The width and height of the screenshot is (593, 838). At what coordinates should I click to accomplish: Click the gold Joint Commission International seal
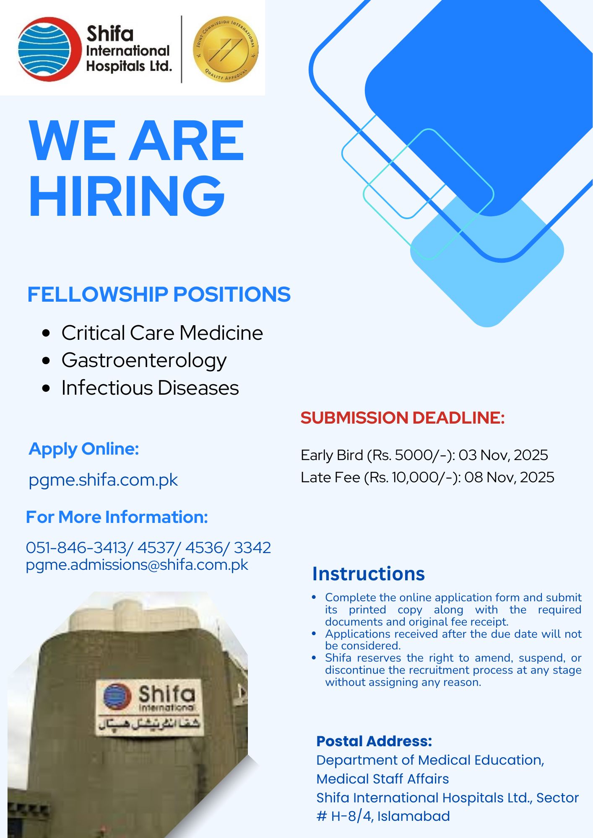pos(226,49)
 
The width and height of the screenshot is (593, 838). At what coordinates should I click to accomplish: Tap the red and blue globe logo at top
pos(49,49)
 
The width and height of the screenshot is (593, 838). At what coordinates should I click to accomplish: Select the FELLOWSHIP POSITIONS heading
pos(159,294)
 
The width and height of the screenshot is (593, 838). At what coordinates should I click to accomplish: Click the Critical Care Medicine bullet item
pos(162,333)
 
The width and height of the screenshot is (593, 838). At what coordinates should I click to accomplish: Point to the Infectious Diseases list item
pos(150,388)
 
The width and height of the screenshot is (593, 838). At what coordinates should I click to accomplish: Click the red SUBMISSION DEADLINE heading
pos(403,418)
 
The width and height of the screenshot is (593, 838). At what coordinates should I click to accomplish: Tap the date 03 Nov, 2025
pos(503,455)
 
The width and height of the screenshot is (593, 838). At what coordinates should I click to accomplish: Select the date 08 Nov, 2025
pos(509,477)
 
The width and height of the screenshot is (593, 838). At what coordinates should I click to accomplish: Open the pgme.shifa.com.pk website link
pos(103,480)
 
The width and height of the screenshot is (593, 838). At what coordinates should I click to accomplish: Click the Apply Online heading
pos(84,449)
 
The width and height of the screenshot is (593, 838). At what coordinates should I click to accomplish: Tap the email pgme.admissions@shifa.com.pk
pos(137,565)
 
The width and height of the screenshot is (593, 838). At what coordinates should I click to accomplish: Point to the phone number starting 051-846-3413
pos(148,548)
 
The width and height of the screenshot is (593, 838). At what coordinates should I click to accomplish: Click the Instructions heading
pos(369,574)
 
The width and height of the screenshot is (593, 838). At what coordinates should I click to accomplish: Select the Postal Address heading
pos(374,741)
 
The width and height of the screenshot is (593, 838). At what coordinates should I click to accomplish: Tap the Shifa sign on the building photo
pos(150,708)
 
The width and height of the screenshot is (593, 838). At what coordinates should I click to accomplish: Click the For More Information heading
pos(117,517)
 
